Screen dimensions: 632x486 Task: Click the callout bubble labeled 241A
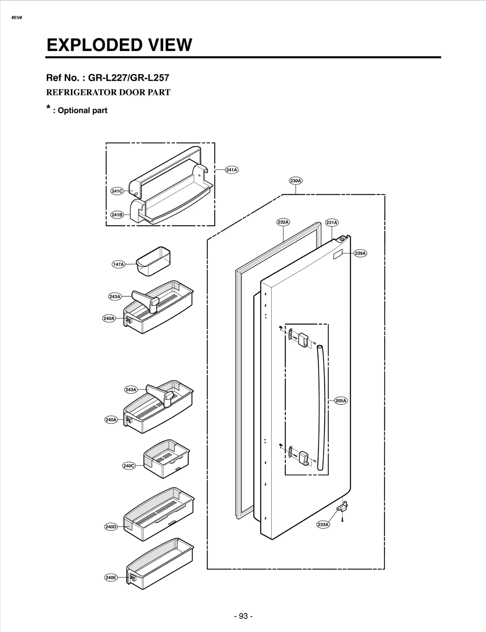(x=231, y=170)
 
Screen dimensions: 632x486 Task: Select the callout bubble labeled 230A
(x=296, y=181)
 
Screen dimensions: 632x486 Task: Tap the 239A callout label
(x=360, y=253)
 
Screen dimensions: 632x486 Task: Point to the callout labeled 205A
(x=341, y=401)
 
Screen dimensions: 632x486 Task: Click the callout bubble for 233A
(x=323, y=525)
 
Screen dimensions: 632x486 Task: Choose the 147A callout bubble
(x=118, y=265)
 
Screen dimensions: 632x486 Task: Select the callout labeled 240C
(x=129, y=466)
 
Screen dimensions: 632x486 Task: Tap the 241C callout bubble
(x=117, y=191)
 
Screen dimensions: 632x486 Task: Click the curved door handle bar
(x=321, y=407)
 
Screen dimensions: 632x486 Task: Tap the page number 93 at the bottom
(x=243, y=616)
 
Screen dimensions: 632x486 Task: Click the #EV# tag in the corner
(x=17, y=18)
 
